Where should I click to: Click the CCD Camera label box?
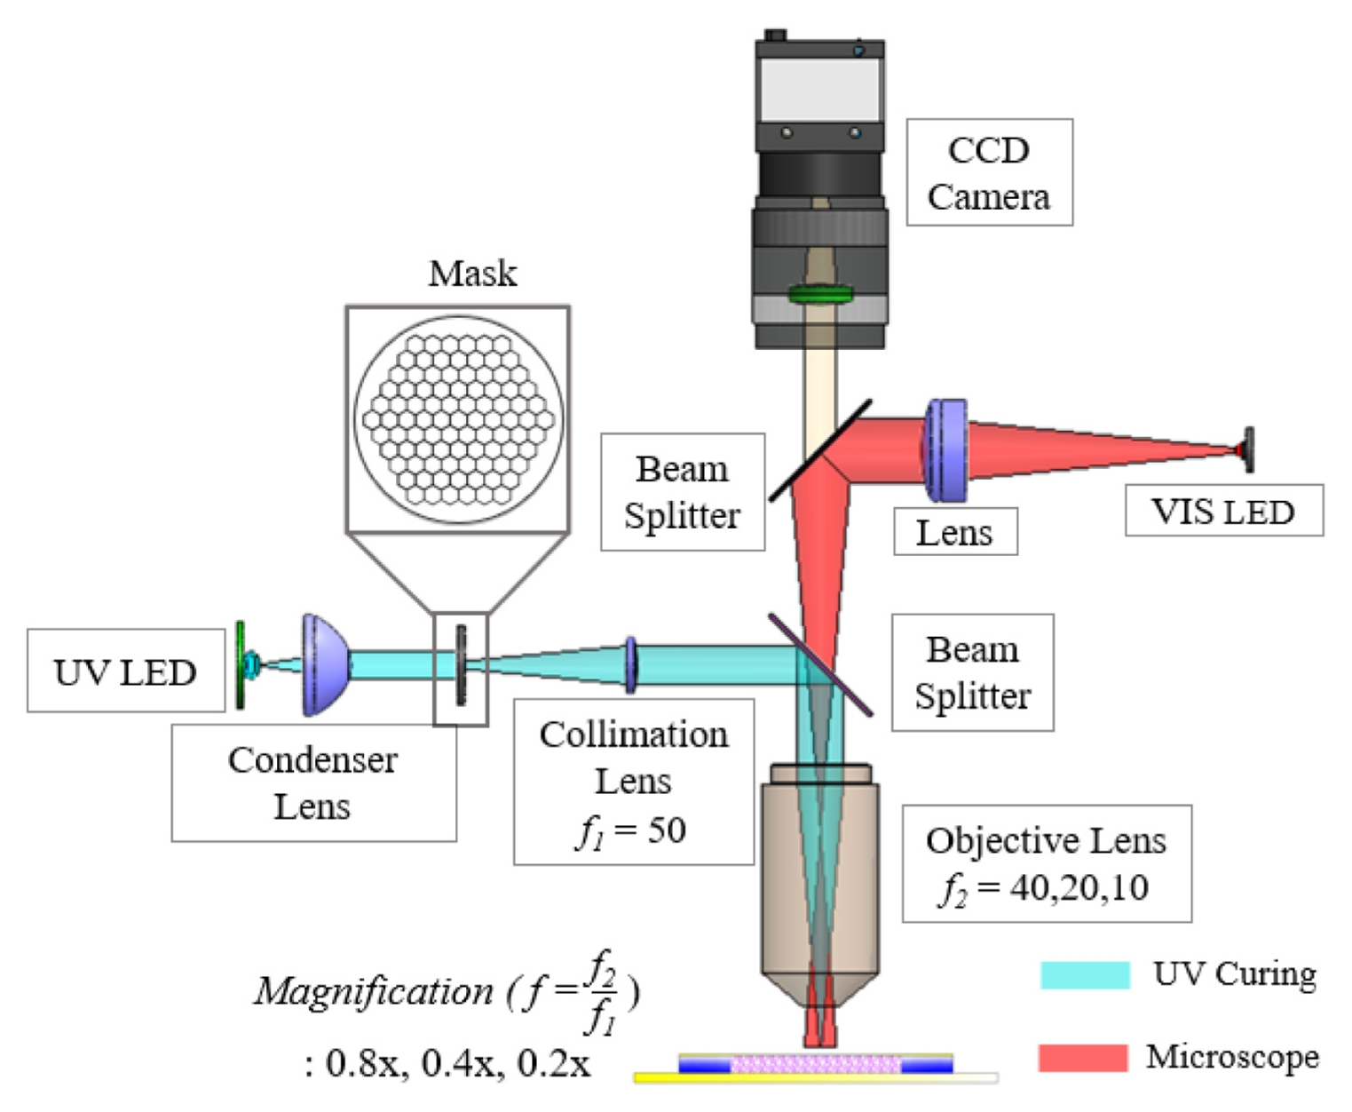988,172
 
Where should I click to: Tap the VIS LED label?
1223,511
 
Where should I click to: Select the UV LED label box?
125,671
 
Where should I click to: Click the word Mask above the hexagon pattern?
472,274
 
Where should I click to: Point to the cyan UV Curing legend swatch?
1085,974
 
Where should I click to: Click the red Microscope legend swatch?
1083,1057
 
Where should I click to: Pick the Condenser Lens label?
312,782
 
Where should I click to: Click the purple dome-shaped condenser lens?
324,664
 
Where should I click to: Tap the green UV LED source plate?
240,664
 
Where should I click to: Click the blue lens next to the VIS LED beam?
945,449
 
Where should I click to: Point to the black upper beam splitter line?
819,450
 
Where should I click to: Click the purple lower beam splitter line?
819,664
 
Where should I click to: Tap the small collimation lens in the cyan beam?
630,664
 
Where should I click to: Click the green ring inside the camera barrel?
819,293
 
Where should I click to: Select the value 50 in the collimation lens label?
666,830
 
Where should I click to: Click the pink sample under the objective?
815,1063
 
